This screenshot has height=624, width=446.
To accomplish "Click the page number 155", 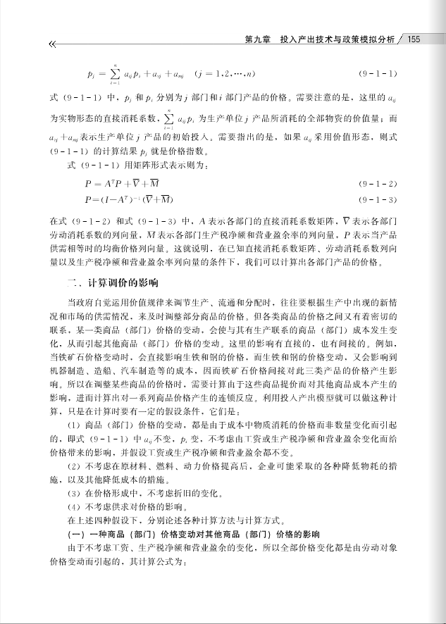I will tap(414, 39).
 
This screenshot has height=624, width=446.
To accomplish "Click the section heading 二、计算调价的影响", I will tap(112, 282).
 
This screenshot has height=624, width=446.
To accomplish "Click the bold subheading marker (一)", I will tap(75, 535).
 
